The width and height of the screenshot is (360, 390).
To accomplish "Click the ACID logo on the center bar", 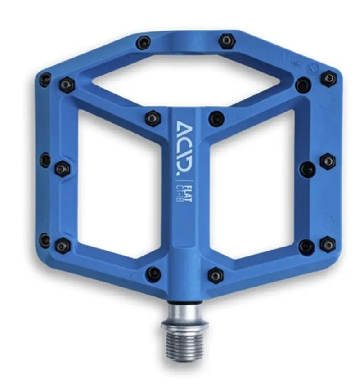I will [184, 148].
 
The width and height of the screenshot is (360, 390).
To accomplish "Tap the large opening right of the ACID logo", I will [252, 185].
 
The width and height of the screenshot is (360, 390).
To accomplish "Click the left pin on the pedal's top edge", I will [144, 43].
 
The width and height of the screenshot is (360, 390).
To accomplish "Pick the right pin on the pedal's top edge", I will [227, 41].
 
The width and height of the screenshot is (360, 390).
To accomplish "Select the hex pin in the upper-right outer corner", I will [328, 78].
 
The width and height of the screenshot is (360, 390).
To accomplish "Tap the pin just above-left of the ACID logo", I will [153, 118].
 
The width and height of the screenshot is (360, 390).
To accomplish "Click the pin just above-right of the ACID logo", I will [216, 119].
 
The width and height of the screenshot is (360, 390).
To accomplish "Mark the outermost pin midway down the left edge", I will [45, 160].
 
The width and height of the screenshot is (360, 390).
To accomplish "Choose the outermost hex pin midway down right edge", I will [328, 161].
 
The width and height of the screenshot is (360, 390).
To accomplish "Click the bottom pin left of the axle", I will [153, 274].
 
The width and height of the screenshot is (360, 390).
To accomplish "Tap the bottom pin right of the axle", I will [216, 275].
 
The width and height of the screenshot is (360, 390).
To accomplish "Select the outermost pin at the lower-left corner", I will [45, 240].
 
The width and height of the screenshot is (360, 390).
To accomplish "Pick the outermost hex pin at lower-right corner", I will [328, 244].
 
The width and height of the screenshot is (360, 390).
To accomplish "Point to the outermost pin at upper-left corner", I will [45, 80].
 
